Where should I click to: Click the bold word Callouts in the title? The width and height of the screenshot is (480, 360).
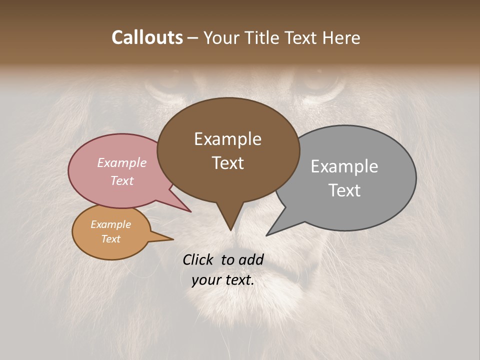click(x=147, y=37)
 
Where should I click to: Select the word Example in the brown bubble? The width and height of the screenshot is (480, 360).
click(x=227, y=139)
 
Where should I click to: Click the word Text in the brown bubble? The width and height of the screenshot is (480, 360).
click(x=227, y=163)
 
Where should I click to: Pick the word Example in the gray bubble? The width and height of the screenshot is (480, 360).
click(x=344, y=166)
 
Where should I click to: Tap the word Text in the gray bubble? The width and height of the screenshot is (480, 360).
click(x=344, y=190)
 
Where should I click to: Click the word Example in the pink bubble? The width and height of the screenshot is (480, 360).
click(x=122, y=162)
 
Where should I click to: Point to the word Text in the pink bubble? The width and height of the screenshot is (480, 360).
click(x=122, y=180)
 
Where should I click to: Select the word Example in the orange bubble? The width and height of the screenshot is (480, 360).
click(x=110, y=224)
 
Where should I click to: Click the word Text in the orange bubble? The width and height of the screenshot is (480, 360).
click(x=110, y=239)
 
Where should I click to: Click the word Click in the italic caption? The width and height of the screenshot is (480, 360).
click(x=198, y=259)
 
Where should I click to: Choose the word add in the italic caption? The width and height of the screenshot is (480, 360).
click(x=251, y=259)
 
